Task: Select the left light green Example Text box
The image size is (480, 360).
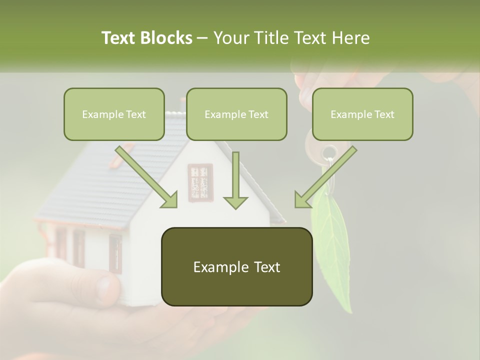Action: pos(114,114)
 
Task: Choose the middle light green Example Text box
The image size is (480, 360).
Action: pos(236,114)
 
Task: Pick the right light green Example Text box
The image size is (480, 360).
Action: pos(362,114)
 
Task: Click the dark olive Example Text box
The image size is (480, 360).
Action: pos(236,267)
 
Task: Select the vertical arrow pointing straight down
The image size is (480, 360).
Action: pos(235,180)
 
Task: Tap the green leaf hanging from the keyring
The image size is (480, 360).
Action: pos(330,235)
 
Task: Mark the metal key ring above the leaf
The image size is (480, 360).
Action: pos(329,152)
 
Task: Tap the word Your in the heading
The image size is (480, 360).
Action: pos(228,38)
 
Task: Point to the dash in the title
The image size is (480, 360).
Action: pos(202,38)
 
